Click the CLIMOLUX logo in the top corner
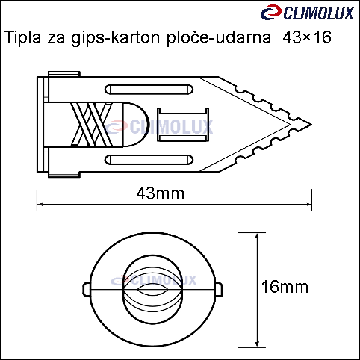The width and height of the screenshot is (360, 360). click(x=308, y=12)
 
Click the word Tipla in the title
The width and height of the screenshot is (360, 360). click(x=22, y=37)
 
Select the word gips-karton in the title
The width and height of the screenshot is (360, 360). click(x=115, y=38)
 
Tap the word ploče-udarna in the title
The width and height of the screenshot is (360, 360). click(x=219, y=38)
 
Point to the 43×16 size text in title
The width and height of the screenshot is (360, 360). click(x=307, y=37)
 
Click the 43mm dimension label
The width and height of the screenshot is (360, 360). click(x=161, y=193)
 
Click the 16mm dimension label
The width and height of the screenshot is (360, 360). click(x=285, y=287)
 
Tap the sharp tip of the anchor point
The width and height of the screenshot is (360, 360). click(x=311, y=125)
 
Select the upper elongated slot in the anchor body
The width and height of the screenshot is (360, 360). click(x=149, y=90)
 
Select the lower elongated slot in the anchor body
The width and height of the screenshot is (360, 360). click(x=149, y=160)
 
